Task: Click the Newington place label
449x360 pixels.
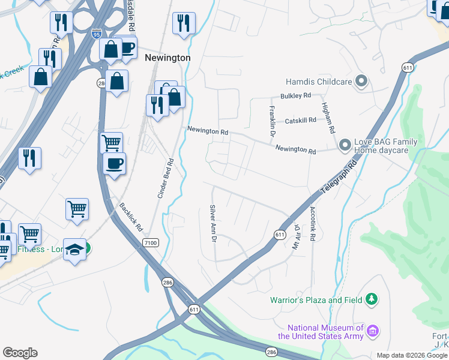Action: coord(168,58)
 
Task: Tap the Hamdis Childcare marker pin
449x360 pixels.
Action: coord(361,80)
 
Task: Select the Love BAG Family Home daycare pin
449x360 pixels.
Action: coord(345,145)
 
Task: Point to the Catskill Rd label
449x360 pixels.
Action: coord(300,121)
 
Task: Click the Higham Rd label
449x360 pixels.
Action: coord(328,117)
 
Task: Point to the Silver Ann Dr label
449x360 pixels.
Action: coord(212,223)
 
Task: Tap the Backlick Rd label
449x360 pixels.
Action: coord(130,217)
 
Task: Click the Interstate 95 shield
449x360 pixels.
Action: coord(97,34)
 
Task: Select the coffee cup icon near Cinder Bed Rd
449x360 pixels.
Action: coord(113,163)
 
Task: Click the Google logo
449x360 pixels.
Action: coord(20,353)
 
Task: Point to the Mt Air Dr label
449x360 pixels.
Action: coord(296,233)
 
